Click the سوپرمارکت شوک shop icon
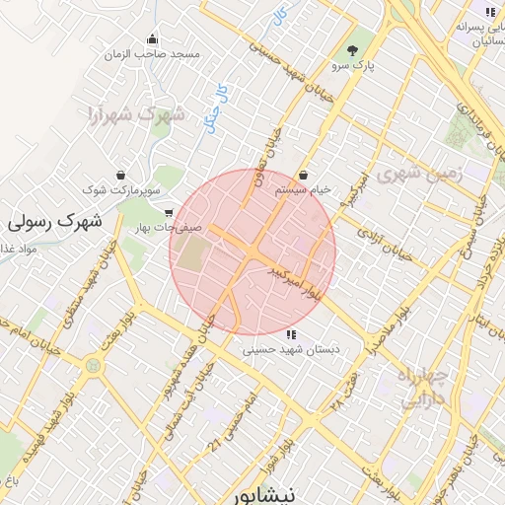[120, 171]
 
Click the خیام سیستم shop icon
[301, 173]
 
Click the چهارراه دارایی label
[423, 388]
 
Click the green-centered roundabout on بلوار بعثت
[94, 366]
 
